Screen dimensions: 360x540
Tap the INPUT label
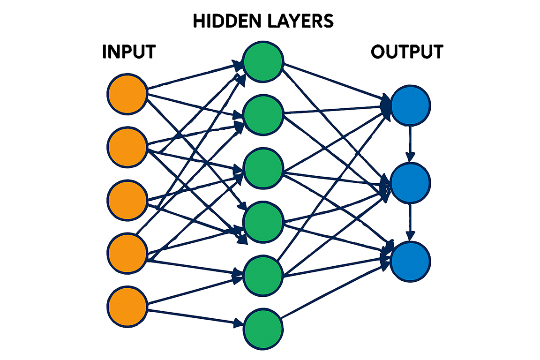click(128, 52)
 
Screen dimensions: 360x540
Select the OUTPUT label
click(407, 52)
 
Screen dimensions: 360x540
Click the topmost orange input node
click(127, 94)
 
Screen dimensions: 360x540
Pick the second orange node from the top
click(127, 147)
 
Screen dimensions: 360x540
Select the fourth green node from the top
click(263, 221)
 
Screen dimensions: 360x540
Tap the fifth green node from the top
click(263, 274)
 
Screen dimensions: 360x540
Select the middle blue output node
click(411, 183)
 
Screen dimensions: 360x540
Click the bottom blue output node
click(411, 262)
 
